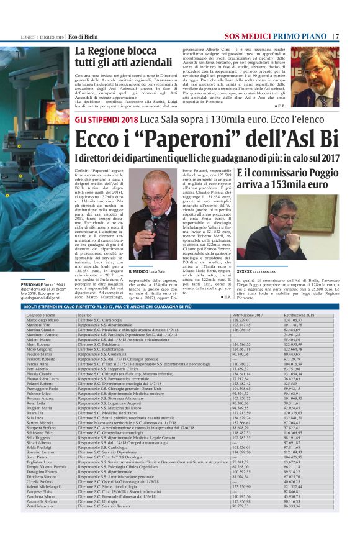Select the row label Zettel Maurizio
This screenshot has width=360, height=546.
click(x=40, y=524)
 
